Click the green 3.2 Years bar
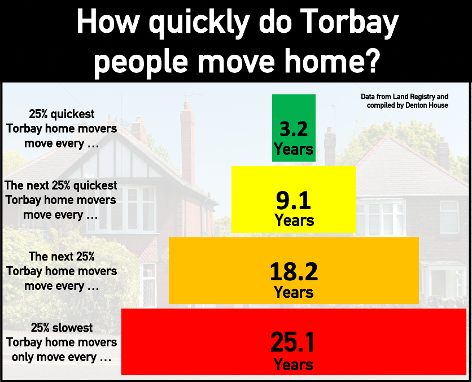point(294,128)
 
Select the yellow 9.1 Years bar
point(294,199)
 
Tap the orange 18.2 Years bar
point(294,271)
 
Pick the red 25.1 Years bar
point(294,342)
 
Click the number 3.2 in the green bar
point(294,129)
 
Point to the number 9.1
point(294,201)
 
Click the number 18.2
point(294,272)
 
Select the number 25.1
point(292,342)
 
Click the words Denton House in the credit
point(427,106)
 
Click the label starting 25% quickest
point(62,129)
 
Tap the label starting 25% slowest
point(62,342)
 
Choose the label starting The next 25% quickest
point(61,200)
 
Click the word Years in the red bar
point(294,364)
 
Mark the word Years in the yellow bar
point(294,220)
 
